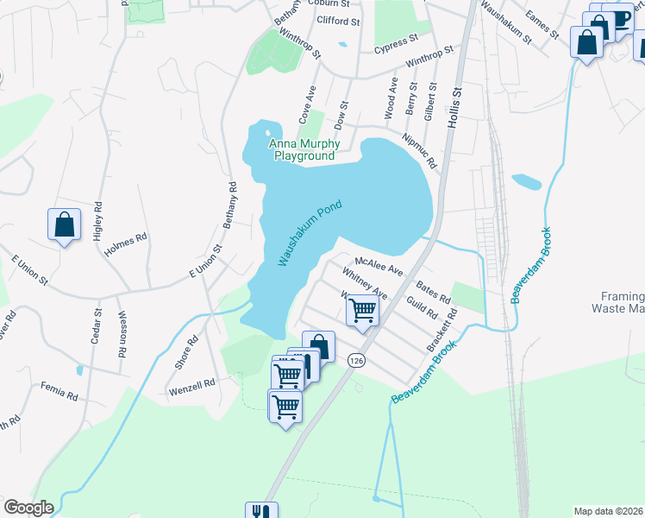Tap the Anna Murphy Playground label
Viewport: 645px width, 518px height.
[304, 150]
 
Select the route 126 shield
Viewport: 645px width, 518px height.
[354, 359]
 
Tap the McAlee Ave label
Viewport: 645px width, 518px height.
[379, 265]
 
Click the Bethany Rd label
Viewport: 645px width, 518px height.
[230, 205]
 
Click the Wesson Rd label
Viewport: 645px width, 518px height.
[122, 334]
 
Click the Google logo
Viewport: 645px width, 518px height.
[28, 508]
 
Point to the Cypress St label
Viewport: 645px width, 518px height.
[395, 41]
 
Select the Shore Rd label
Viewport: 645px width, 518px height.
[186, 352]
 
